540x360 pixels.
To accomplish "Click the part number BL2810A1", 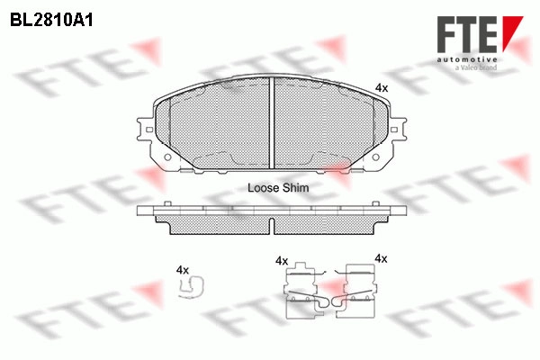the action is (x=51, y=21).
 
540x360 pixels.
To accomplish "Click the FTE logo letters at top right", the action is (x=467, y=34).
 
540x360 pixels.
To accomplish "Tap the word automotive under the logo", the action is (x=467, y=60).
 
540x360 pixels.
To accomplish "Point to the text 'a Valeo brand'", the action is (x=476, y=67).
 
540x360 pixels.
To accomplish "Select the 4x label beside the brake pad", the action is (x=382, y=88).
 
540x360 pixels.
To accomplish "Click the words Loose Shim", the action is (x=278, y=188).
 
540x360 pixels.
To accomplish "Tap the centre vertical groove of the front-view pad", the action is (x=272, y=123).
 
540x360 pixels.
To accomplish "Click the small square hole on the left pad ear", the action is (x=149, y=130).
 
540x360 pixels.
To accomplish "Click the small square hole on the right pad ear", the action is (x=394, y=130).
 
